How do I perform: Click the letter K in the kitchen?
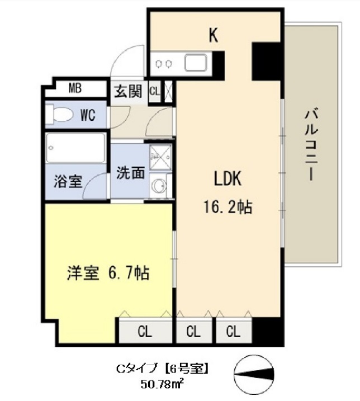pyautogui.click(x=213, y=35)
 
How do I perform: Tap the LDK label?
pyautogui.click(x=227, y=180)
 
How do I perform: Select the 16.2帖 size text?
pyautogui.click(x=227, y=207)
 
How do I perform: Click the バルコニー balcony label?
pyautogui.click(x=309, y=144)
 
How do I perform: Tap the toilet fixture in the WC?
pyautogui.click(x=60, y=115)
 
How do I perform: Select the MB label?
pyautogui.click(x=76, y=88)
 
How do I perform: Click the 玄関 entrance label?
pyautogui.click(x=128, y=92)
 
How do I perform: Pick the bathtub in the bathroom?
pyautogui.click(x=75, y=148)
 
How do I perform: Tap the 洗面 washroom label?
pyautogui.click(x=130, y=173)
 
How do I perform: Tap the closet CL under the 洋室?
pyautogui.click(x=144, y=332)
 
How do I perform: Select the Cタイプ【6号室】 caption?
pyautogui.click(x=162, y=369)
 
